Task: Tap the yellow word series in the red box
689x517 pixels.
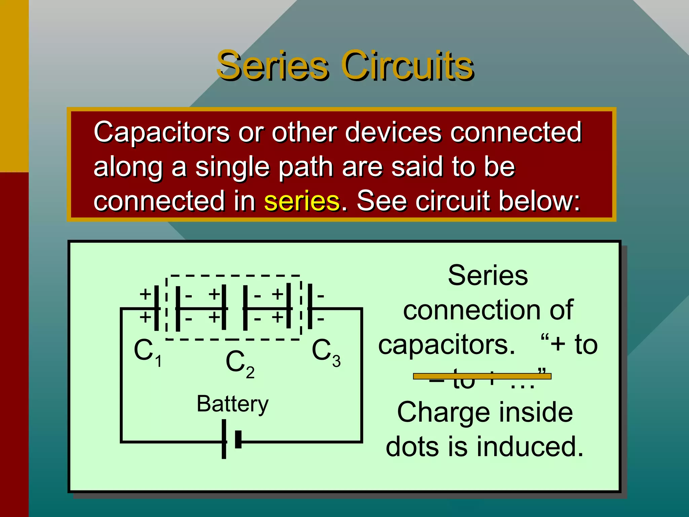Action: point(302,201)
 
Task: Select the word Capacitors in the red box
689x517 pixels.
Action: point(161,132)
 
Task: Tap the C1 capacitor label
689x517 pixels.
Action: point(148,352)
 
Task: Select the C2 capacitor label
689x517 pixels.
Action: point(240,364)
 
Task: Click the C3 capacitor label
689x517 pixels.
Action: point(326,352)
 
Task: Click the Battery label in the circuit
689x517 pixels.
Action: point(232,404)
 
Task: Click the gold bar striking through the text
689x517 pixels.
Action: point(482,376)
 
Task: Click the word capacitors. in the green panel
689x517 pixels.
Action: point(446,345)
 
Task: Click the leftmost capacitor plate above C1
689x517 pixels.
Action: point(156,308)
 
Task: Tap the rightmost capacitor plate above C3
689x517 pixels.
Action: point(310,306)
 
